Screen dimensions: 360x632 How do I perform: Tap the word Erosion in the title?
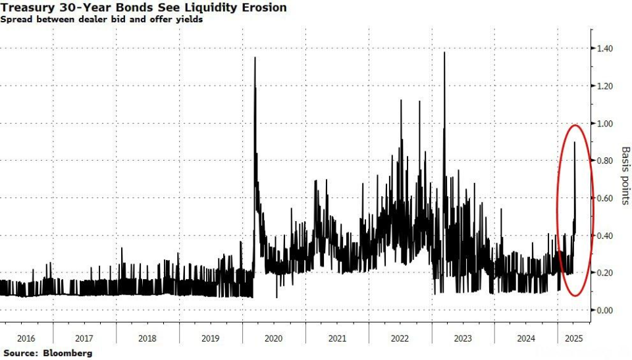click(x=264, y=7)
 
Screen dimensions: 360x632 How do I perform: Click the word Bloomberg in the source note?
click(x=67, y=353)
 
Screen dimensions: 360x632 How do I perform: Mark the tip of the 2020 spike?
click(x=255, y=58)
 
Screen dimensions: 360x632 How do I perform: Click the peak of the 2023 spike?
click(x=444, y=53)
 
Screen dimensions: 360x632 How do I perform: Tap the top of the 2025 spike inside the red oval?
click(x=575, y=142)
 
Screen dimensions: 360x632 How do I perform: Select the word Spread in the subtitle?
click(x=15, y=20)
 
